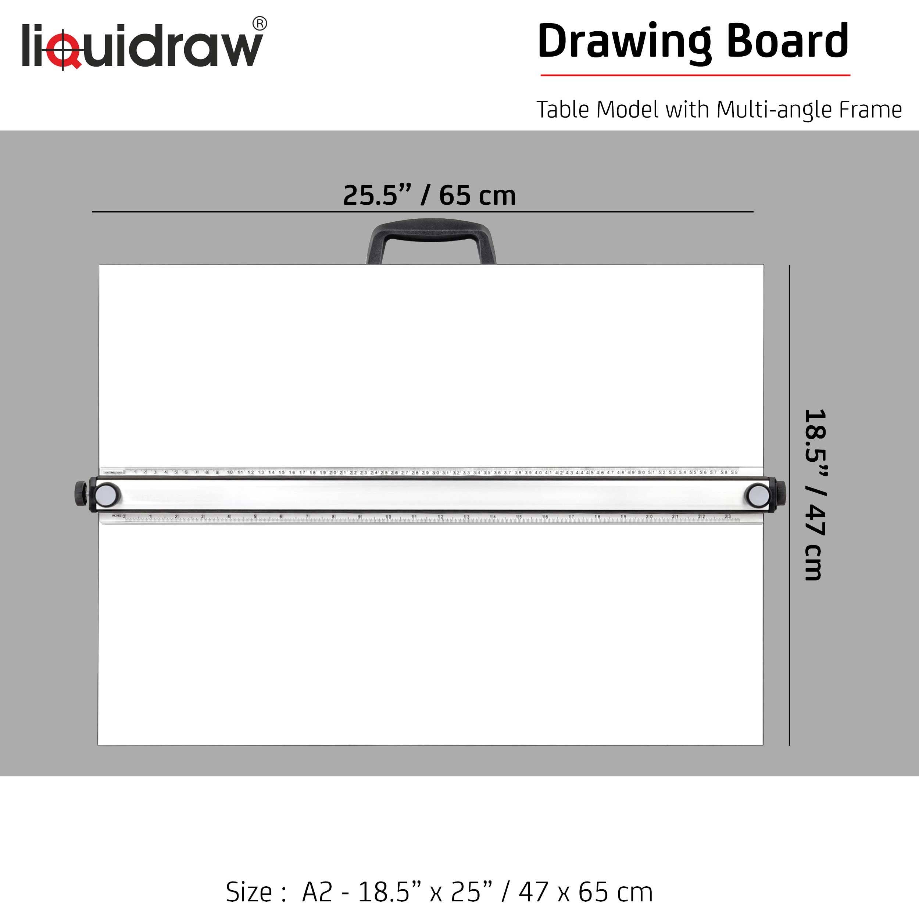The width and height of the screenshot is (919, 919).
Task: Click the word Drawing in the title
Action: pyautogui.click(x=623, y=42)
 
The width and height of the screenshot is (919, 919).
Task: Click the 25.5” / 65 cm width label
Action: pyautogui.click(x=429, y=195)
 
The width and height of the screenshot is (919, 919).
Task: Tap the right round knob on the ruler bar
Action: pyautogui.click(x=757, y=495)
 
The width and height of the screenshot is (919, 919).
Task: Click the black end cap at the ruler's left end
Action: pyautogui.click(x=81, y=495)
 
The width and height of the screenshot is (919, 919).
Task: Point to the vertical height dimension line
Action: pyautogui.click(x=789, y=504)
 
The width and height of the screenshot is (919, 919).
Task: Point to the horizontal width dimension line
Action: pyautogui.click(x=422, y=212)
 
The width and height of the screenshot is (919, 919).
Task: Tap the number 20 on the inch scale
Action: pyautogui.click(x=649, y=516)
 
